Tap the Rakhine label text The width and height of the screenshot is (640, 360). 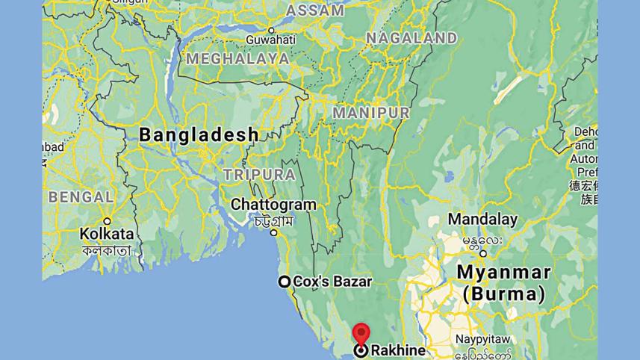[398, 350]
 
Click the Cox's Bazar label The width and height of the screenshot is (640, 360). [332, 282]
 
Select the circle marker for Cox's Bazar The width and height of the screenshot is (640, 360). [285, 282]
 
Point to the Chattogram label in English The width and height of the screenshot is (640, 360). [273, 204]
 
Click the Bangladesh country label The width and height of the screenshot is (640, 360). [199, 135]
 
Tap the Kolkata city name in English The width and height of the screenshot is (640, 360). [107, 234]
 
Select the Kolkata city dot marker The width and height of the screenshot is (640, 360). [107, 220]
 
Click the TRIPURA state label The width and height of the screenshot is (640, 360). [259, 174]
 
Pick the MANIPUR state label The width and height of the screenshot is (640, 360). [371, 113]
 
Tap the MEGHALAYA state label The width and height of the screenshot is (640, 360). [238, 58]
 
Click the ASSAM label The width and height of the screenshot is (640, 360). [315, 10]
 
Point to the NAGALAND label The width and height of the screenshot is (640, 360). [411, 37]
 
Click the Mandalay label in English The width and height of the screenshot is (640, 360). [482, 220]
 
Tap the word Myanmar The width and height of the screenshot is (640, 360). [503, 272]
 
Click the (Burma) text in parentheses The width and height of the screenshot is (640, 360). [503, 294]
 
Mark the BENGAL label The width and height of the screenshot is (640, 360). [81, 197]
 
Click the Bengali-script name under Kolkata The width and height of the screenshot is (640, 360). [107, 250]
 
